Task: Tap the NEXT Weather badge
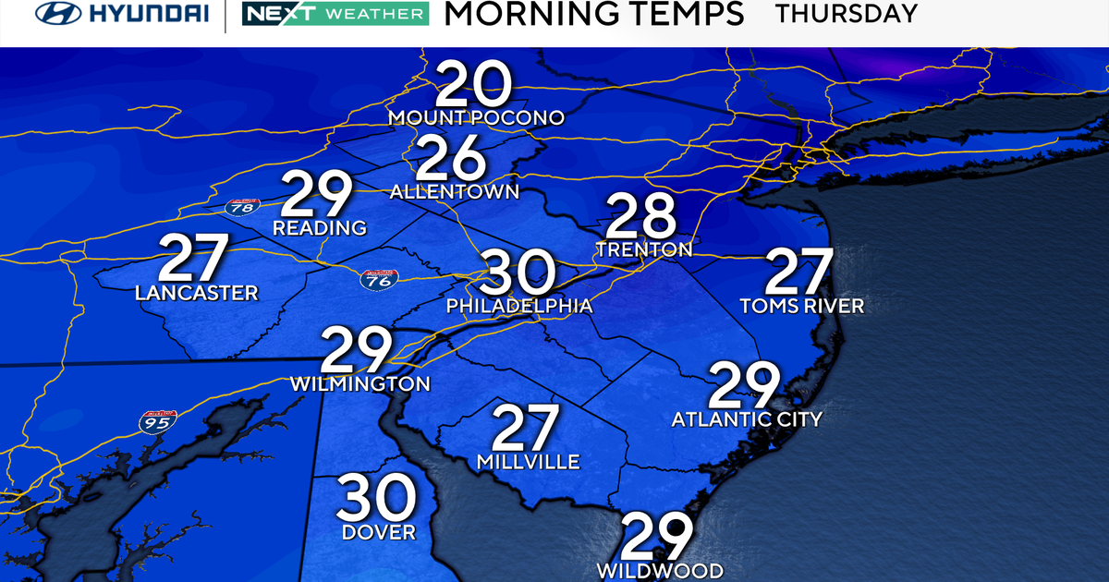335,14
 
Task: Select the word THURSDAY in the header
847,14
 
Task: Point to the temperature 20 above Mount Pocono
474,85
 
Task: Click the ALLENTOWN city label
455,192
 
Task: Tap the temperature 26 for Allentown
451,159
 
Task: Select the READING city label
320,228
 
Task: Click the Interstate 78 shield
241,207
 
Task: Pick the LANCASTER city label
196,293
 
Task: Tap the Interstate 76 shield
374,281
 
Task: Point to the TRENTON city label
644,249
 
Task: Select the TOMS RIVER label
802,306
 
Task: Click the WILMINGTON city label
360,383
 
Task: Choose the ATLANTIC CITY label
747,419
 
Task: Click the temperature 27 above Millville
526,430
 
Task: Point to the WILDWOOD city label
658,570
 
